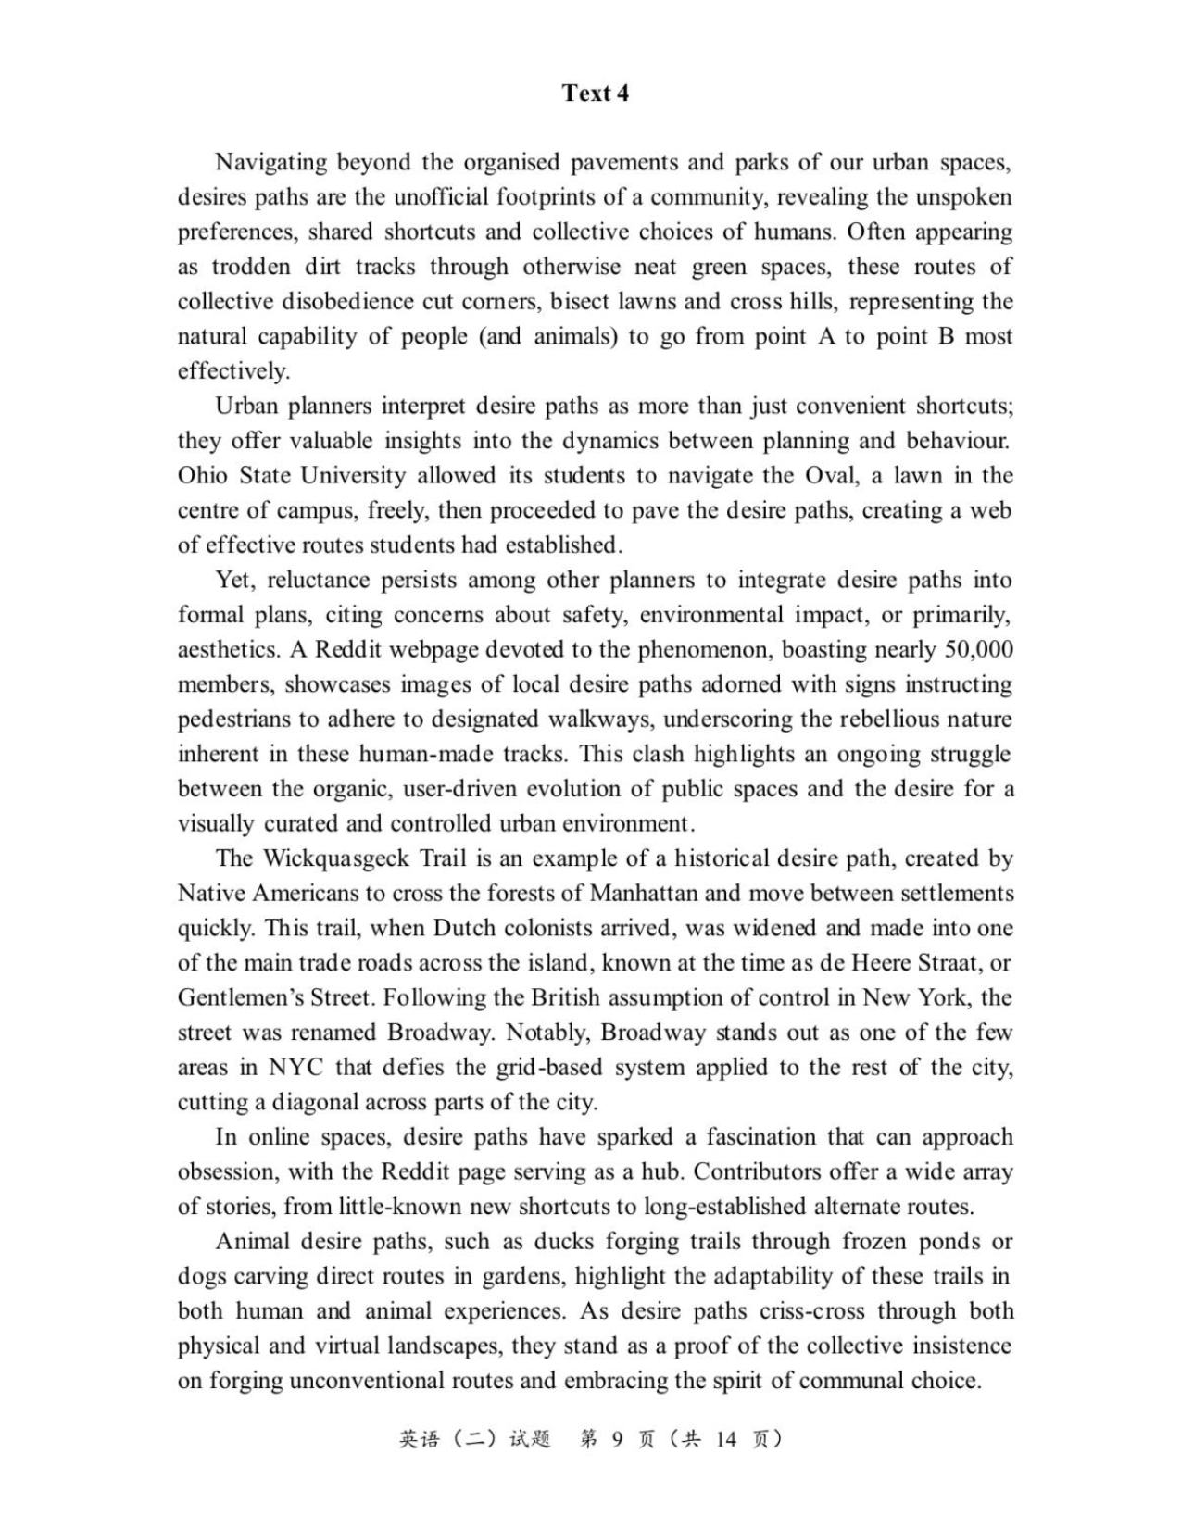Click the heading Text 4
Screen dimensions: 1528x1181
tap(595, 93)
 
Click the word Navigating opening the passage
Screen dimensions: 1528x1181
tap(270, 162)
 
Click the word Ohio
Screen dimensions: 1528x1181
tap(202, 476)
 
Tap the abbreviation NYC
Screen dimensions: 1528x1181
tap(296, 1068)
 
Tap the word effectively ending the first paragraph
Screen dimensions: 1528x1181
tap(232, 371)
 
